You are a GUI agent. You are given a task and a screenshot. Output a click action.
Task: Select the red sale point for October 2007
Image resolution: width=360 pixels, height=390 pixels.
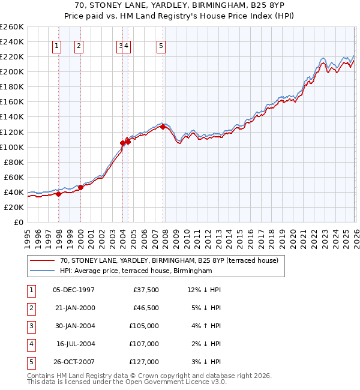tap(163, 127)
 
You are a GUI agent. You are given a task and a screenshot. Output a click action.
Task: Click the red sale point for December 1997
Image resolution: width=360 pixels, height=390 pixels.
tap(58, 194)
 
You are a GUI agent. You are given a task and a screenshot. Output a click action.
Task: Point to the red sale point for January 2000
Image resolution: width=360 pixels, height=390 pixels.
tap(80, 187)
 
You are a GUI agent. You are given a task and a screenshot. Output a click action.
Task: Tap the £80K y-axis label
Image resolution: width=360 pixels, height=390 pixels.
tap(14, 162)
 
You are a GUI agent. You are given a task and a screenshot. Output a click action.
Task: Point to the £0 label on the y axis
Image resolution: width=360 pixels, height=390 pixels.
tap(18, 223)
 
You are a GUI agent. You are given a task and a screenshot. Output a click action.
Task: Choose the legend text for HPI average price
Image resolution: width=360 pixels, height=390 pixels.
tap(136, 271)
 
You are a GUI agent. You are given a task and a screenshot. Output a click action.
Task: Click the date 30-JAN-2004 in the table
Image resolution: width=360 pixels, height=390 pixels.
tap(74, 326)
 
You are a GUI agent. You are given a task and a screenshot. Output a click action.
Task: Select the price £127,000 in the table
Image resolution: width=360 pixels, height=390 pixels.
tap(145, 362)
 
